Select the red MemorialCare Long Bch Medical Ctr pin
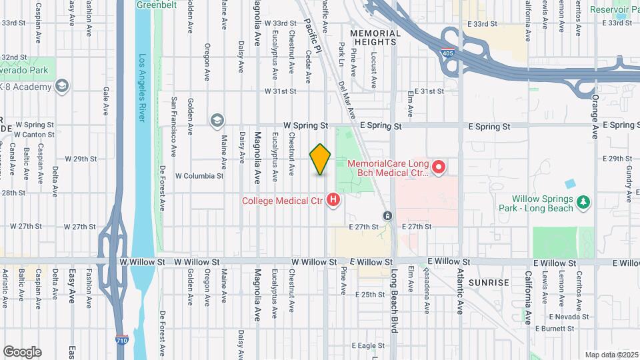pyautogui.click(x=439, y=167)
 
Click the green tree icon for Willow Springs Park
pyautogui.click(x=583, y=201)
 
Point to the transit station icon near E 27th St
pyautogui.click(x=387, y=216)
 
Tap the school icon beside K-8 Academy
pyautogui.click(x=62, y=87)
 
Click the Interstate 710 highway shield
pyautogui.click(x=121, y=340)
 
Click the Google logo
pyautogui.click(x=22, y=352)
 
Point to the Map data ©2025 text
pyautogui.click(x=611, y=355)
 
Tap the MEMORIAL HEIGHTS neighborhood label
pyautogui.click(x=375, y=37)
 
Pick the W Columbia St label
pyautogui.click(x=199, y=176)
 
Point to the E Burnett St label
pyautogui.click(x=554, y=328)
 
